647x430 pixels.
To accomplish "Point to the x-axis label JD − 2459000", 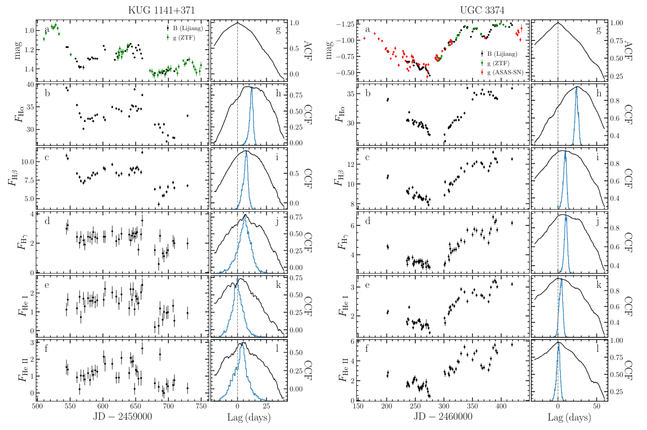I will pyautogui.click(x=122, y=417).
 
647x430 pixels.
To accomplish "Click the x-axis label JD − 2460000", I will pyautogui.click(x=443, y=417).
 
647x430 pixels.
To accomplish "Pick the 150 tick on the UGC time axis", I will pyautogui.click(x=358, y=406).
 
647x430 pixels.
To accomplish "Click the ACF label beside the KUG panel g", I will pyautogui.click(x=308, y=49).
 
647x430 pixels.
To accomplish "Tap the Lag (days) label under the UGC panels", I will pyautogui.click(x=569, y=417).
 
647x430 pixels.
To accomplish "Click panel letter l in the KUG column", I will pyautogui.click(x=277, y=348).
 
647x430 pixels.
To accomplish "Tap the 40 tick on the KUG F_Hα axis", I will pyautogui.click(x=30, y=85).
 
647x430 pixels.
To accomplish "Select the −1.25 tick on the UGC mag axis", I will pyautogui.click(x=345, y=24).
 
